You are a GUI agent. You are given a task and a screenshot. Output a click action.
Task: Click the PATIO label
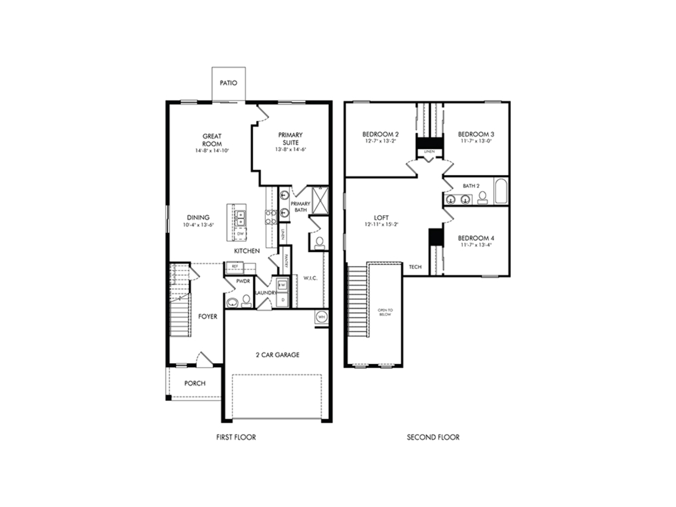click(x=228, y=83)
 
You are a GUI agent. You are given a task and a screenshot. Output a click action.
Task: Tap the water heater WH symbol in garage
click(x=321, y=317)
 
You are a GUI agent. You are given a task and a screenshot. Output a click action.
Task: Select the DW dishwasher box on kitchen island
click(x=240, y=234)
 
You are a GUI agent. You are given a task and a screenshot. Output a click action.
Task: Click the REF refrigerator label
click(x=235, y=267)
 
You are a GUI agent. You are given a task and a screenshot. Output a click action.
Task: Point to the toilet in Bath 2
click(x=482, y=198)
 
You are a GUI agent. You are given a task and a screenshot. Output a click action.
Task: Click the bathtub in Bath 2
click(x=501, y=191)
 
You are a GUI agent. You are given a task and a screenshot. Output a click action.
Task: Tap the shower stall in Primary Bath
click(x=320, y=201)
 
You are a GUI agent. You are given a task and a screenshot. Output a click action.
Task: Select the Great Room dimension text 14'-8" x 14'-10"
click(x=212, y=151)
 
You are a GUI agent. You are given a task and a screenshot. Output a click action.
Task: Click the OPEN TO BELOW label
click(x=385, y=312)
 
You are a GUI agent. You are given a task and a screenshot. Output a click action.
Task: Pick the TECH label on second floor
click(x=415, y=267)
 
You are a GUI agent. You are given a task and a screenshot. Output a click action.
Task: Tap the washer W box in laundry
click(x=282, y=285)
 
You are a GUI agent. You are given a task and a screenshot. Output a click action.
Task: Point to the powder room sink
click(x=232, y=303)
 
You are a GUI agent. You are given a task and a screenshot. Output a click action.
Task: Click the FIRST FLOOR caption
click(x=236, y=437)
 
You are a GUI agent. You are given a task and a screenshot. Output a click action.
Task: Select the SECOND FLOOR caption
click(x=433, y=437)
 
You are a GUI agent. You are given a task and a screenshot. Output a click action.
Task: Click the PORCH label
click(x=195, y=384)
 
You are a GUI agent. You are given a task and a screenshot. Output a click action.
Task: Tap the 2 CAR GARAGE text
click(x=277, y=355)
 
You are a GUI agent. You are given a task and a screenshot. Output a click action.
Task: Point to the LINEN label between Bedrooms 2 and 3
click(x=429, y=151)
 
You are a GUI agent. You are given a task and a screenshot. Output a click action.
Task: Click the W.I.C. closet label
click(x=310, y=278)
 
